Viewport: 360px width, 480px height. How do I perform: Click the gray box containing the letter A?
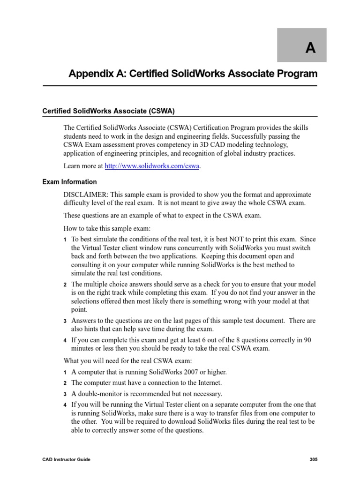pyautogui.click(x=308, y=45)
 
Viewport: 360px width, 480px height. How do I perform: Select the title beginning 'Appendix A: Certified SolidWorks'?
pyautogui.click(x=193, y=74)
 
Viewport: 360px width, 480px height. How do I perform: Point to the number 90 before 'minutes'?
pyautogui.click(x=311, y=340)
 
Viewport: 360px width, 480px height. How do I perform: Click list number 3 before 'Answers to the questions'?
pyautogui.click(x=65, y=322)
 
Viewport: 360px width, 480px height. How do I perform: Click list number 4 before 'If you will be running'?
pyautogui.click(x=65, y=405)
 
